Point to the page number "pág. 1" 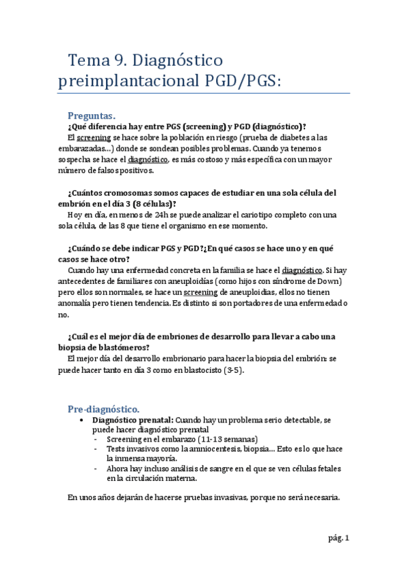point(336,539)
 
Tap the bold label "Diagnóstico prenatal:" point(132,420)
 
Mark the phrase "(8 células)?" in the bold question point(150,204)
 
